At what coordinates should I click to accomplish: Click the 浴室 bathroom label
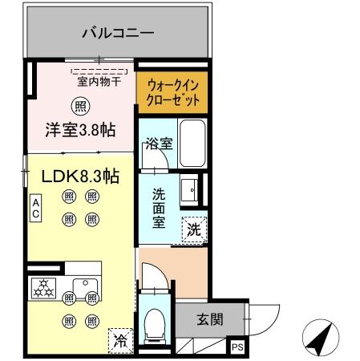point(159,144)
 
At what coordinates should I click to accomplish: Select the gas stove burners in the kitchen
point(45,288)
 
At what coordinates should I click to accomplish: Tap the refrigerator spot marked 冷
point(119,339)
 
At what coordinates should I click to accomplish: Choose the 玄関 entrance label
point(210,319)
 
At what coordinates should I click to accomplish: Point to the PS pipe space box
point(237,347)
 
